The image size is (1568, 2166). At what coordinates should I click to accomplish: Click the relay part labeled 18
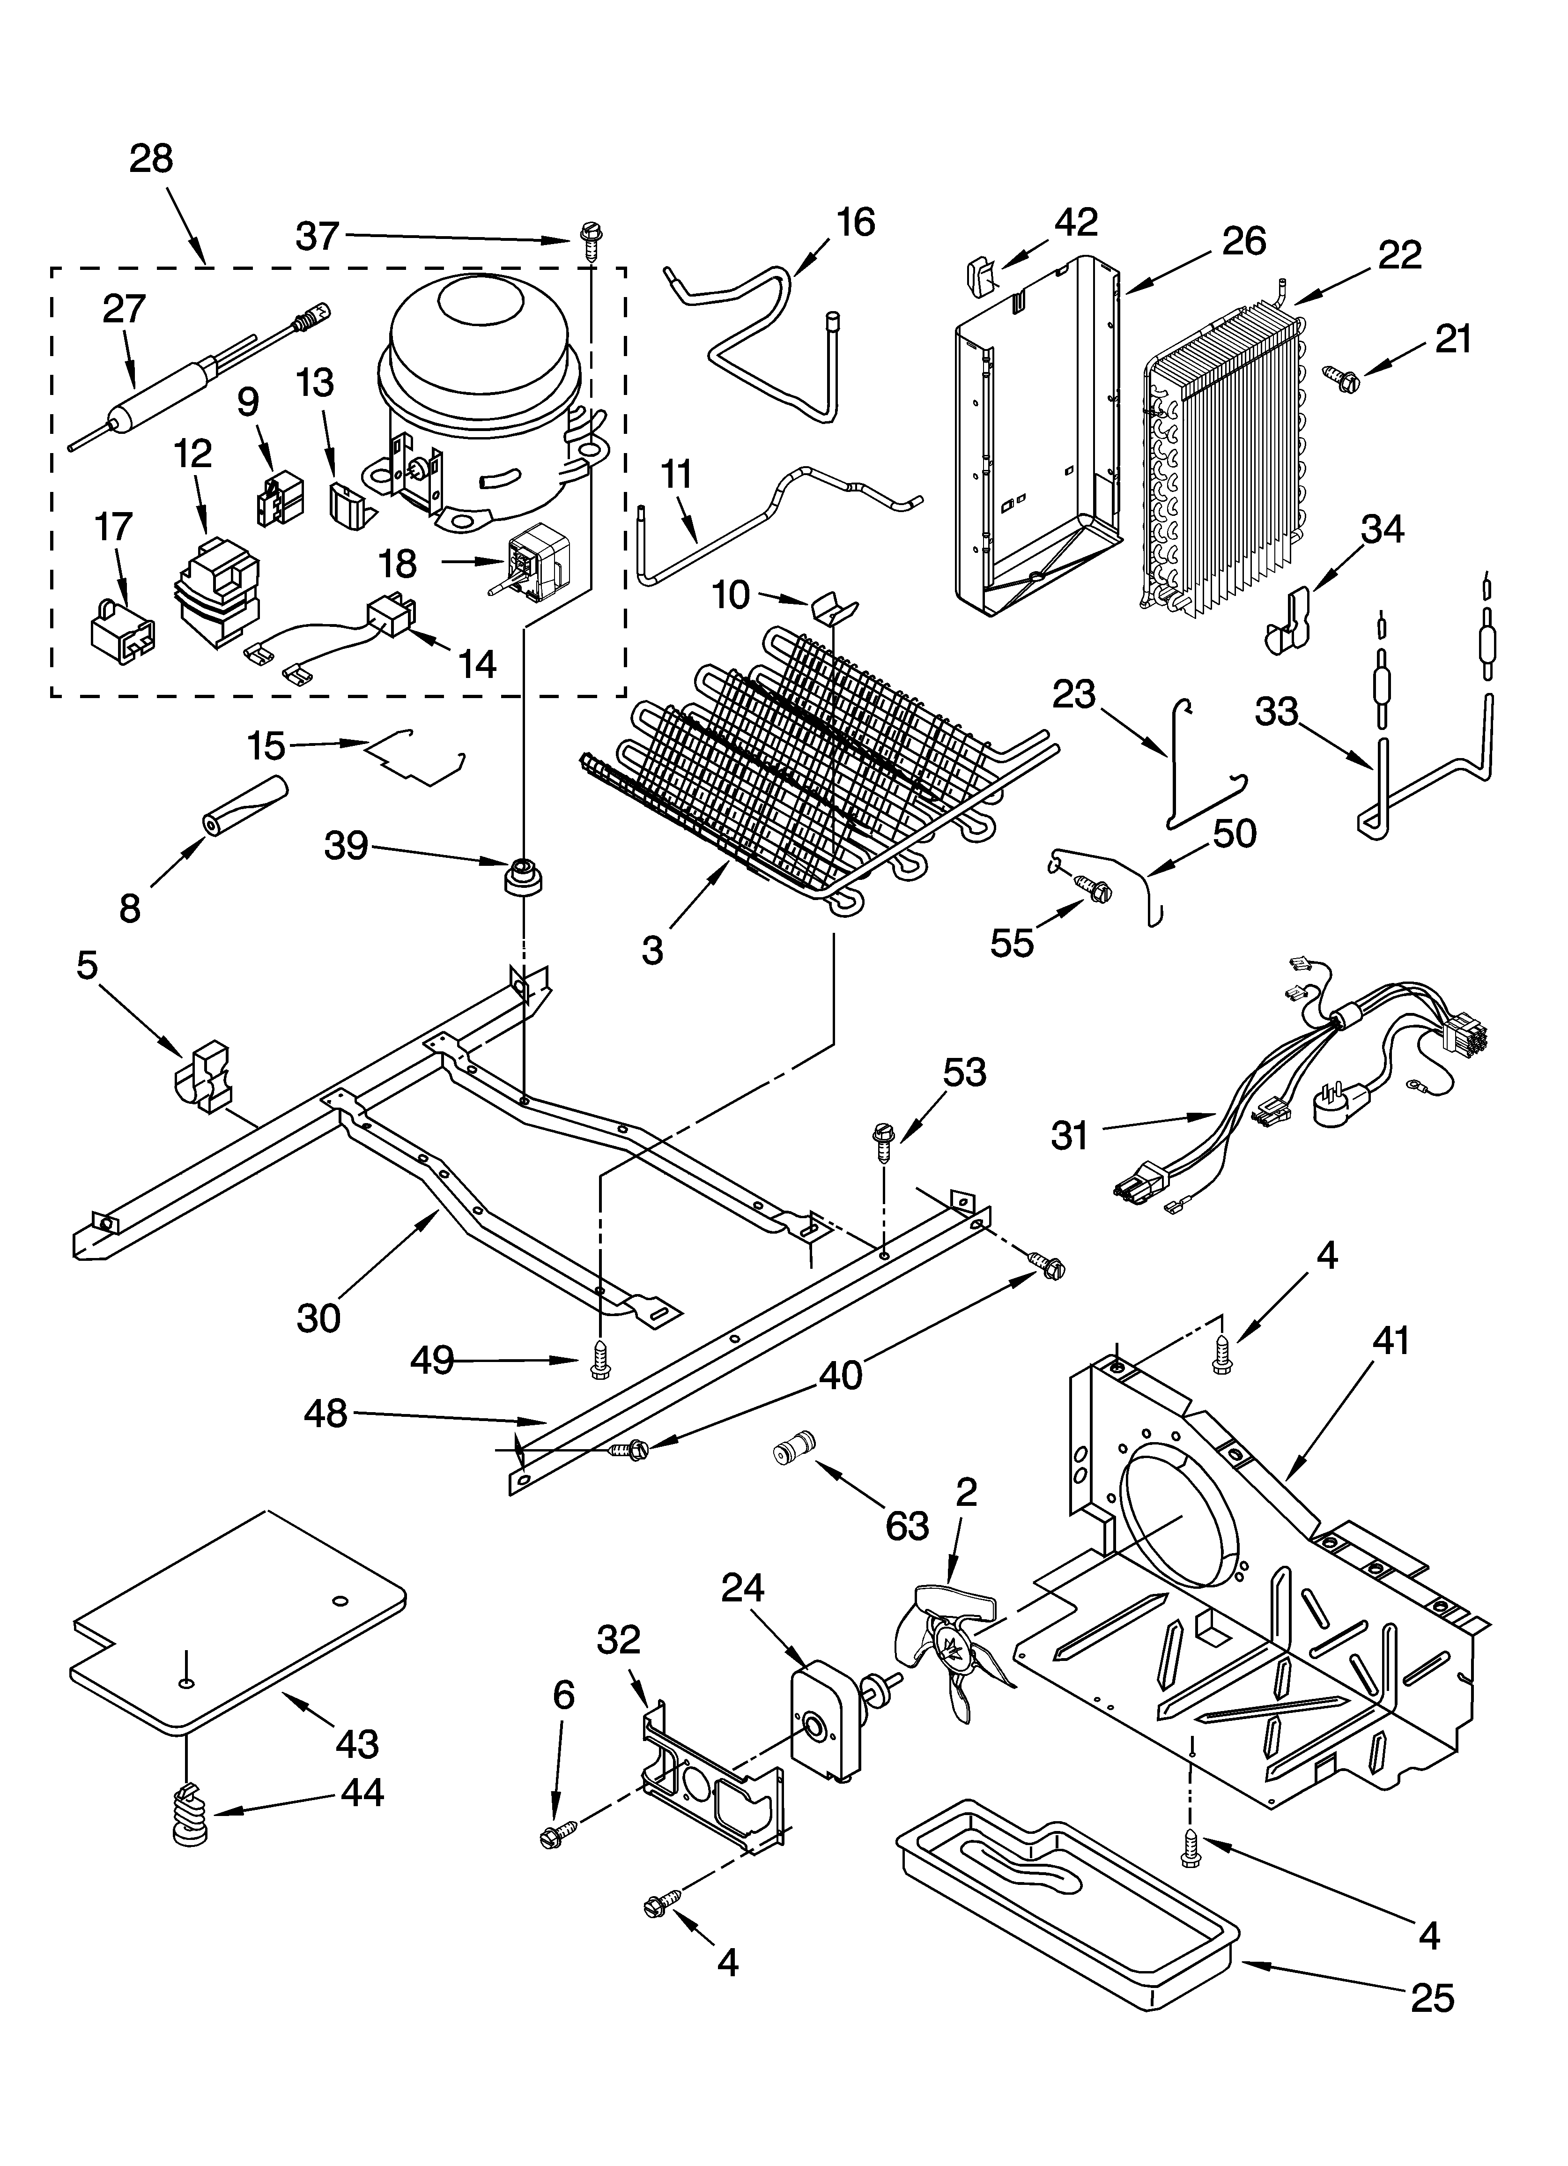pos(538,562)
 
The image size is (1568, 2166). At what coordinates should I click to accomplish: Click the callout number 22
pos(1399,254)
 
